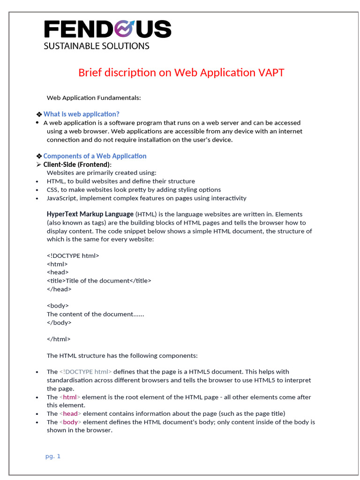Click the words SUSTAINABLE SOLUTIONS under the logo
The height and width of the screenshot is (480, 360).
97,46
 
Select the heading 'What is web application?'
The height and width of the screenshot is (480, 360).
81,114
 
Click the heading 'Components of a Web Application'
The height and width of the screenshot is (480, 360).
95,156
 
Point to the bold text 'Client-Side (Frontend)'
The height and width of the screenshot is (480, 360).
77,165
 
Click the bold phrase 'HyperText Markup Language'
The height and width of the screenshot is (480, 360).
90,214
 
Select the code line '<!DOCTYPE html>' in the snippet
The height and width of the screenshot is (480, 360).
73,256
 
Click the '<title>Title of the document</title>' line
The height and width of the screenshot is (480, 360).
99,281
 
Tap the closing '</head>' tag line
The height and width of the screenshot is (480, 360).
59,289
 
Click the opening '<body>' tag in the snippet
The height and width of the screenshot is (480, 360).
58,306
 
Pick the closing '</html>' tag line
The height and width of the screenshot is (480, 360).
59,339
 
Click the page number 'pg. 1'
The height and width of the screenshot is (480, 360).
53,456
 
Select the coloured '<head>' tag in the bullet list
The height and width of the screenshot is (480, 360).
70,413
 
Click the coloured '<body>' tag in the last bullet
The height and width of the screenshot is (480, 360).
70,422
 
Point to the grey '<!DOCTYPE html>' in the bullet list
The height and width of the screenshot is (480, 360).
86,372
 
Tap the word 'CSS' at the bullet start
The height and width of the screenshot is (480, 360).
52,190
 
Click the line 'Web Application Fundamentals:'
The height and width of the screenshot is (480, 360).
94,98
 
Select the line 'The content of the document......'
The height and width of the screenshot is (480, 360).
95,314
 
